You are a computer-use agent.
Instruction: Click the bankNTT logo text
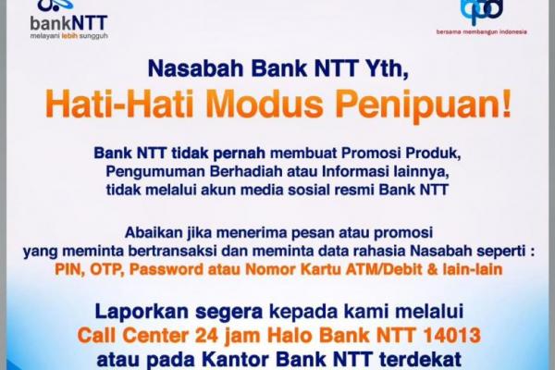pyautogui.click(x=68, y=23)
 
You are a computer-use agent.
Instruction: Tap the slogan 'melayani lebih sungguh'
pyautogui.click(x=68, y=36)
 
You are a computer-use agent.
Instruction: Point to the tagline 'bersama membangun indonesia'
pyautogui.click(x=481, y=31)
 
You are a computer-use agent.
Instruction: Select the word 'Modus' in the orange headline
pyautogui.click(x=264, y=104)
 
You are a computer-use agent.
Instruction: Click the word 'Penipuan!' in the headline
pyautogui.click(x=422, y=105)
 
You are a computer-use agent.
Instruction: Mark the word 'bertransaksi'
pyautogui.click(x=172, y=251)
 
